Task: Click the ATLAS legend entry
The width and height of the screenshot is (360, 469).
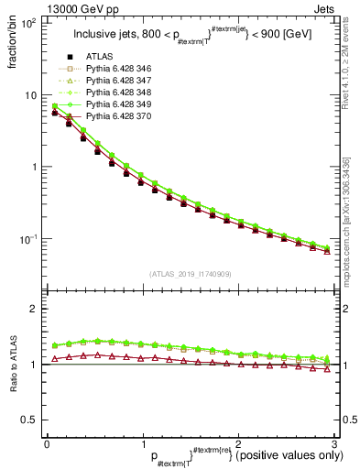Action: click(99, 58)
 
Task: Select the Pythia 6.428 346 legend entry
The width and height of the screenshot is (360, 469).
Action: click(119, 70)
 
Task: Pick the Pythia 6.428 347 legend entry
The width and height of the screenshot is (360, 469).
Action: click(119, 82)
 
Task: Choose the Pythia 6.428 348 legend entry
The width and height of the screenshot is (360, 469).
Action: click(119, 93)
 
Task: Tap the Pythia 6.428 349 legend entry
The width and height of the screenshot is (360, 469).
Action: click(119, 105)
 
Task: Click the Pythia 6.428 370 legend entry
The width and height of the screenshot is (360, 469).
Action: click(119, 117)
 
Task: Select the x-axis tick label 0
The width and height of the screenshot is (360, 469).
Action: click(47, 443)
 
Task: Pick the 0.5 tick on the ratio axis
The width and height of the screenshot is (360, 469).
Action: click(26, 420)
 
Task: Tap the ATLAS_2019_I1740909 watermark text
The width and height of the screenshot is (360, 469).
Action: click(190, 274)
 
